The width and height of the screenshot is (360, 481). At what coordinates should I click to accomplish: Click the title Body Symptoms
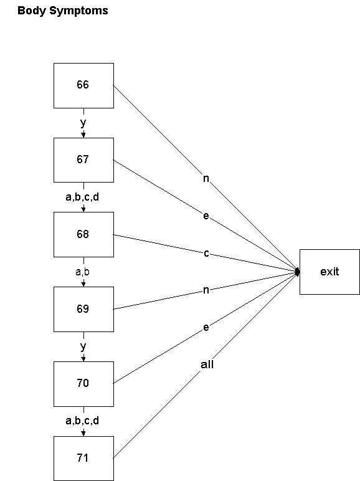(62, 11)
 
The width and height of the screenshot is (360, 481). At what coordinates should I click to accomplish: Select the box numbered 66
(83, 85)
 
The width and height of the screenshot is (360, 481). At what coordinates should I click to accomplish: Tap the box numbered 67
(83, 160)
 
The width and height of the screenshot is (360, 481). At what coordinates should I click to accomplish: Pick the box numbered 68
(83, 235)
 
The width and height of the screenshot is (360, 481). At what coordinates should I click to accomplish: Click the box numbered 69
(83, 309)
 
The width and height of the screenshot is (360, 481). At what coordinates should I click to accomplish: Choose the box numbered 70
(83, 384)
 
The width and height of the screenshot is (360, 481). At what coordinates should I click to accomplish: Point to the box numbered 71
(83, 459)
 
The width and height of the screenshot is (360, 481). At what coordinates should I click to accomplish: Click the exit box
(329, 272)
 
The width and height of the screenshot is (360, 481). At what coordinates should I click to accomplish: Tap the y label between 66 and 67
(83, 123)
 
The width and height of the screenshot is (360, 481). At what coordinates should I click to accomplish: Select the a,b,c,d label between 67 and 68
(82, 198)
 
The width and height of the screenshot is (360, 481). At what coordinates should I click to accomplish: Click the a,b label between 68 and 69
(83, 272)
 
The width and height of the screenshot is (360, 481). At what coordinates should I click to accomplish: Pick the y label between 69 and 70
(83, 346)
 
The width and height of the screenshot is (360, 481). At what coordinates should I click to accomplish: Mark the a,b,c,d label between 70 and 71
(82, 421)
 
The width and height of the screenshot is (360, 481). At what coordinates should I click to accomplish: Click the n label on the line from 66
(207, 178)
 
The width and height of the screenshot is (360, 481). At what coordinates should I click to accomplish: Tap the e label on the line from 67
(206, 216)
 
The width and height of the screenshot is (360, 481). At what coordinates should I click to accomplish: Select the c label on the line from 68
(206, 253)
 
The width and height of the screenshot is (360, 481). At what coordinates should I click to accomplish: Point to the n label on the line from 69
(206, 290)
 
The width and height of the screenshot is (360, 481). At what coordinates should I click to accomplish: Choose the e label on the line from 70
(206, 327)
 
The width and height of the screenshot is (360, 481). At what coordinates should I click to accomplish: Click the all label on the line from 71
(207, 364)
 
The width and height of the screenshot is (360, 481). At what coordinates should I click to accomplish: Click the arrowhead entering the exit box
(297, 272)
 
